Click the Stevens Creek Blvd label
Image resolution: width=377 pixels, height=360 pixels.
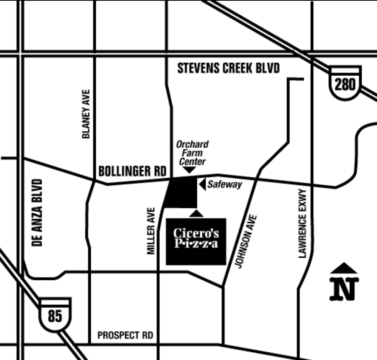228,69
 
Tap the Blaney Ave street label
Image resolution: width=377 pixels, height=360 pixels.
86,114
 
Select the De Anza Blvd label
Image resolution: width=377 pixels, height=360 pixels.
37,212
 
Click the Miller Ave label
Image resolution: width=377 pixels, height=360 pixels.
151,231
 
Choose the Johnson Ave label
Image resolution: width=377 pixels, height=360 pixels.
245,241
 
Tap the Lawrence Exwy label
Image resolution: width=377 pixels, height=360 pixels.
303,223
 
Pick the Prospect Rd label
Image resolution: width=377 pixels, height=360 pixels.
125,335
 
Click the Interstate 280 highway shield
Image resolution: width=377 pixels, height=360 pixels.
345,83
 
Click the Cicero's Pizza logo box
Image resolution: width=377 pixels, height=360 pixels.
196,241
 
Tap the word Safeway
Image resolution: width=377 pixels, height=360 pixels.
225,185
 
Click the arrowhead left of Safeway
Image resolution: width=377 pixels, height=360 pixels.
202,184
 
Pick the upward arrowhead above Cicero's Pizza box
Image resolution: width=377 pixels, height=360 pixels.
197,213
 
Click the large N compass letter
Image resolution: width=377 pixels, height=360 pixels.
344,289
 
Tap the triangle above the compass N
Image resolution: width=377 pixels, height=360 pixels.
344,268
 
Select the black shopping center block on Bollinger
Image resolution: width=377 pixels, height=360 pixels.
182,193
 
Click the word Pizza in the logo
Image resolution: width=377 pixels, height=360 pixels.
196,244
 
